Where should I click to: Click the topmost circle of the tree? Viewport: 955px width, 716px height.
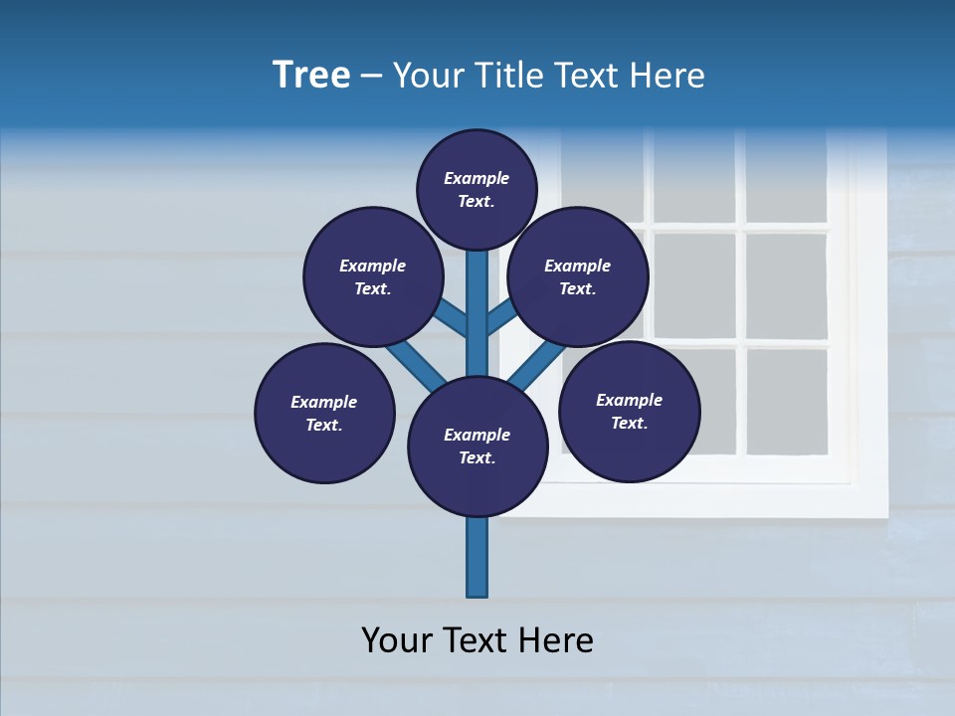click(477, 189)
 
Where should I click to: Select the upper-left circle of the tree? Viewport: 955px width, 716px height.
click(372, 276)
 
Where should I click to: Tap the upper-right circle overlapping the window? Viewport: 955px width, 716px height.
click(578, 276)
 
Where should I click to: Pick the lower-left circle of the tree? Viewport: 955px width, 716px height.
click(324, 413)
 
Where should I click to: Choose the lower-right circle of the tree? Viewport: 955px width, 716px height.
click(630, 411)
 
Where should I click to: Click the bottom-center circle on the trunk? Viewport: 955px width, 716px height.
click(477, 446)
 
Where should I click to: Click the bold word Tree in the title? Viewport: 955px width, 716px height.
click(311, 75)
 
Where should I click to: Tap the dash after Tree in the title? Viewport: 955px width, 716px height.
click(371, 76)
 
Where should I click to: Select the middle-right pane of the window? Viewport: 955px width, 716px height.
click(786, 285)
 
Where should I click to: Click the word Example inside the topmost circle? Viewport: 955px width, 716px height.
click(477, 178)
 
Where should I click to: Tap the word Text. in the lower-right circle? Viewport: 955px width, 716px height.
click(629, 423)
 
